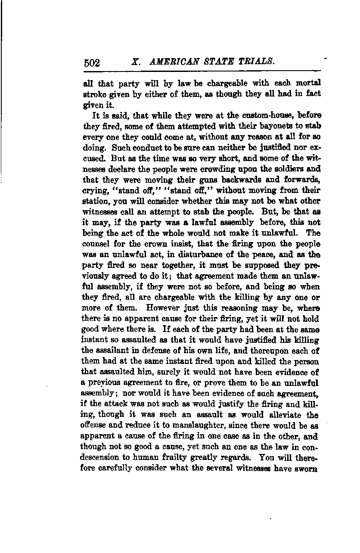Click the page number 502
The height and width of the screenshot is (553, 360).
92,63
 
